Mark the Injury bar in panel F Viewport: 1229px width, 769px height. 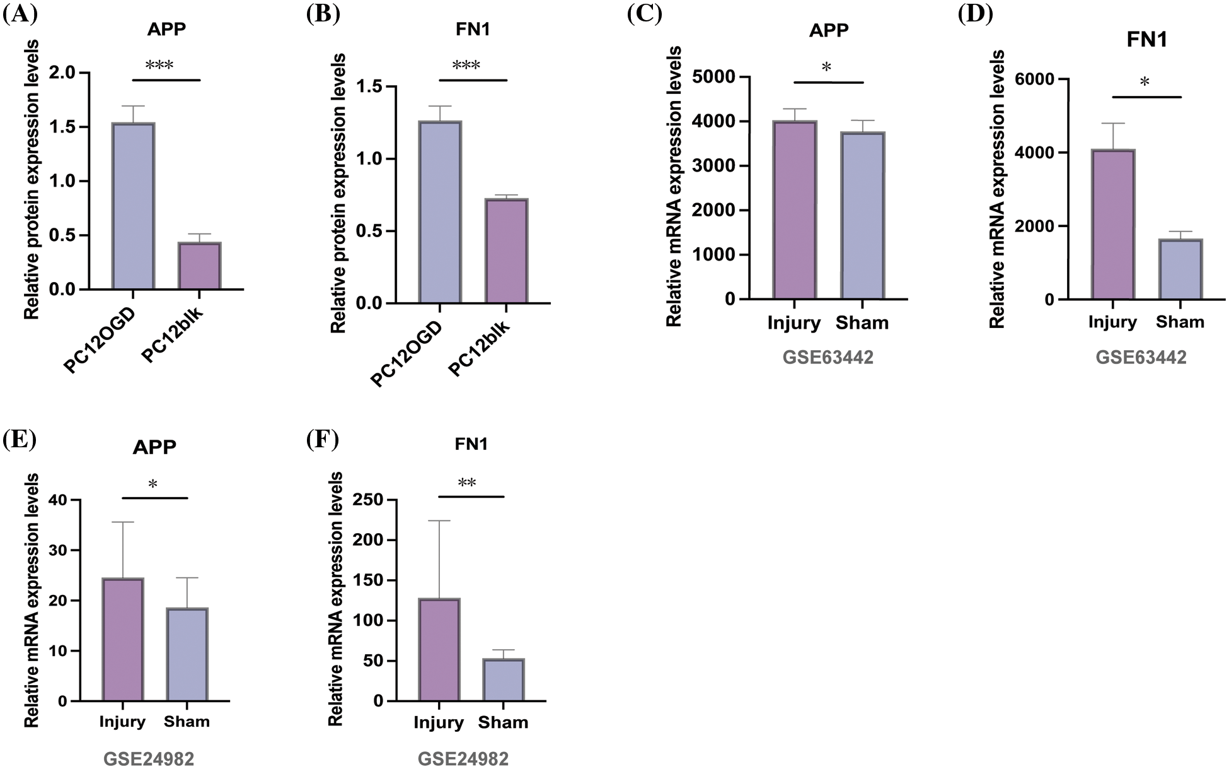click(439, 649)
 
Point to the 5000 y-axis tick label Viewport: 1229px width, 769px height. click(712, 77)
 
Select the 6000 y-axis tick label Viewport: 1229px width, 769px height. click(1034, 79)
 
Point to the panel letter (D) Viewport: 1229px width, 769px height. click(975, 14)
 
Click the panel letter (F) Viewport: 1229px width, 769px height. click(322, 439)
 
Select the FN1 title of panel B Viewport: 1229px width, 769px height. click(472, 30)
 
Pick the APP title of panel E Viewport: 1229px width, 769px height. click(154, 447)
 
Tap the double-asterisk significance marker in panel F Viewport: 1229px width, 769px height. click(467, 483)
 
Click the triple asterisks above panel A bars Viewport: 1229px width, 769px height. click(159, 66)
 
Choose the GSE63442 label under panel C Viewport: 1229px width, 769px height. click(828, 358)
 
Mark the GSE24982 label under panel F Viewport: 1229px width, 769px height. click(463, 758)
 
